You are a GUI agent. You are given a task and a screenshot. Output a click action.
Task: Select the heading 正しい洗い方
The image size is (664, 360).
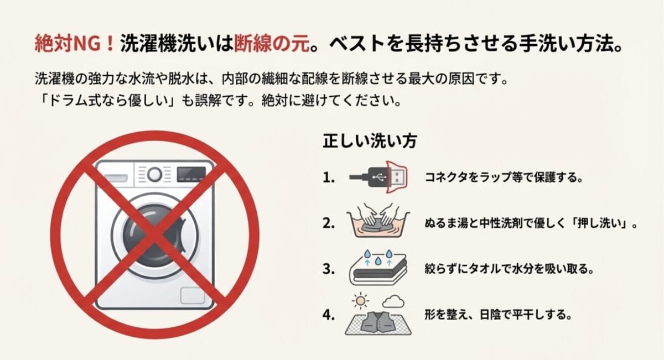point(370,140)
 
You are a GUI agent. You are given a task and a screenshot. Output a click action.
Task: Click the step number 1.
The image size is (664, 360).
point(329,178)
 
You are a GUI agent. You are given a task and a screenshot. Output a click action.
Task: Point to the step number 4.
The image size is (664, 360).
point(329,315)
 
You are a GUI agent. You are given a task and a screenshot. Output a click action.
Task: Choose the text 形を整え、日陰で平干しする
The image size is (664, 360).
point(497,315)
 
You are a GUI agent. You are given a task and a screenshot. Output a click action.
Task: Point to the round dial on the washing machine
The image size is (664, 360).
point(155,175)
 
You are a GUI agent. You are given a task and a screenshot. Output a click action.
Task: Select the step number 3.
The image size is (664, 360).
point(329,269)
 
